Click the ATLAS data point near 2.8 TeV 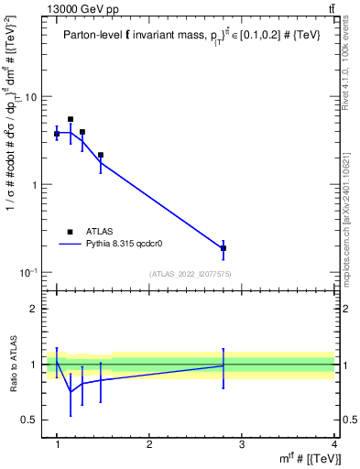pyautogui.click(x=224, y=248)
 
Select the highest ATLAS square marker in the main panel pyautogui.click(x=71, y=119)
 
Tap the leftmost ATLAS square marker pyautogui.click(x=57, y=134)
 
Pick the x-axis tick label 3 pyautogui.click(x=242, y=444)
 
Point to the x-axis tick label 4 pyautogui.click(x=333, y=444)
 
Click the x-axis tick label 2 pyautogui.click(x=149, y=444)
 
